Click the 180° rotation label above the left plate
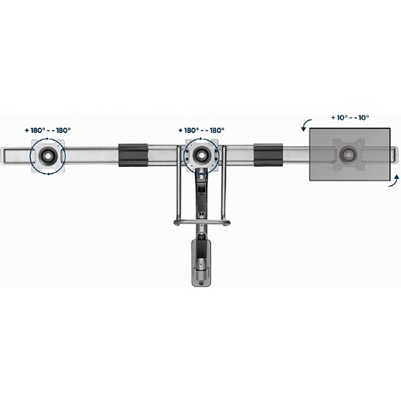pos(48,131)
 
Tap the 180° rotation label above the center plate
pos(201,131)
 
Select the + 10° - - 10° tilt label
pos(350,118)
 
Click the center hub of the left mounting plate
pos(47,155)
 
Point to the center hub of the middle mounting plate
pos(201,155)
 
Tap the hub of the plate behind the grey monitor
pos(348,154)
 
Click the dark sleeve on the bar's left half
pos(133,155)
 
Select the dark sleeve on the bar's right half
pos(268,155)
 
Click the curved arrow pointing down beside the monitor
pos(306,125)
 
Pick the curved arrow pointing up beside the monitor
pos(395,181)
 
